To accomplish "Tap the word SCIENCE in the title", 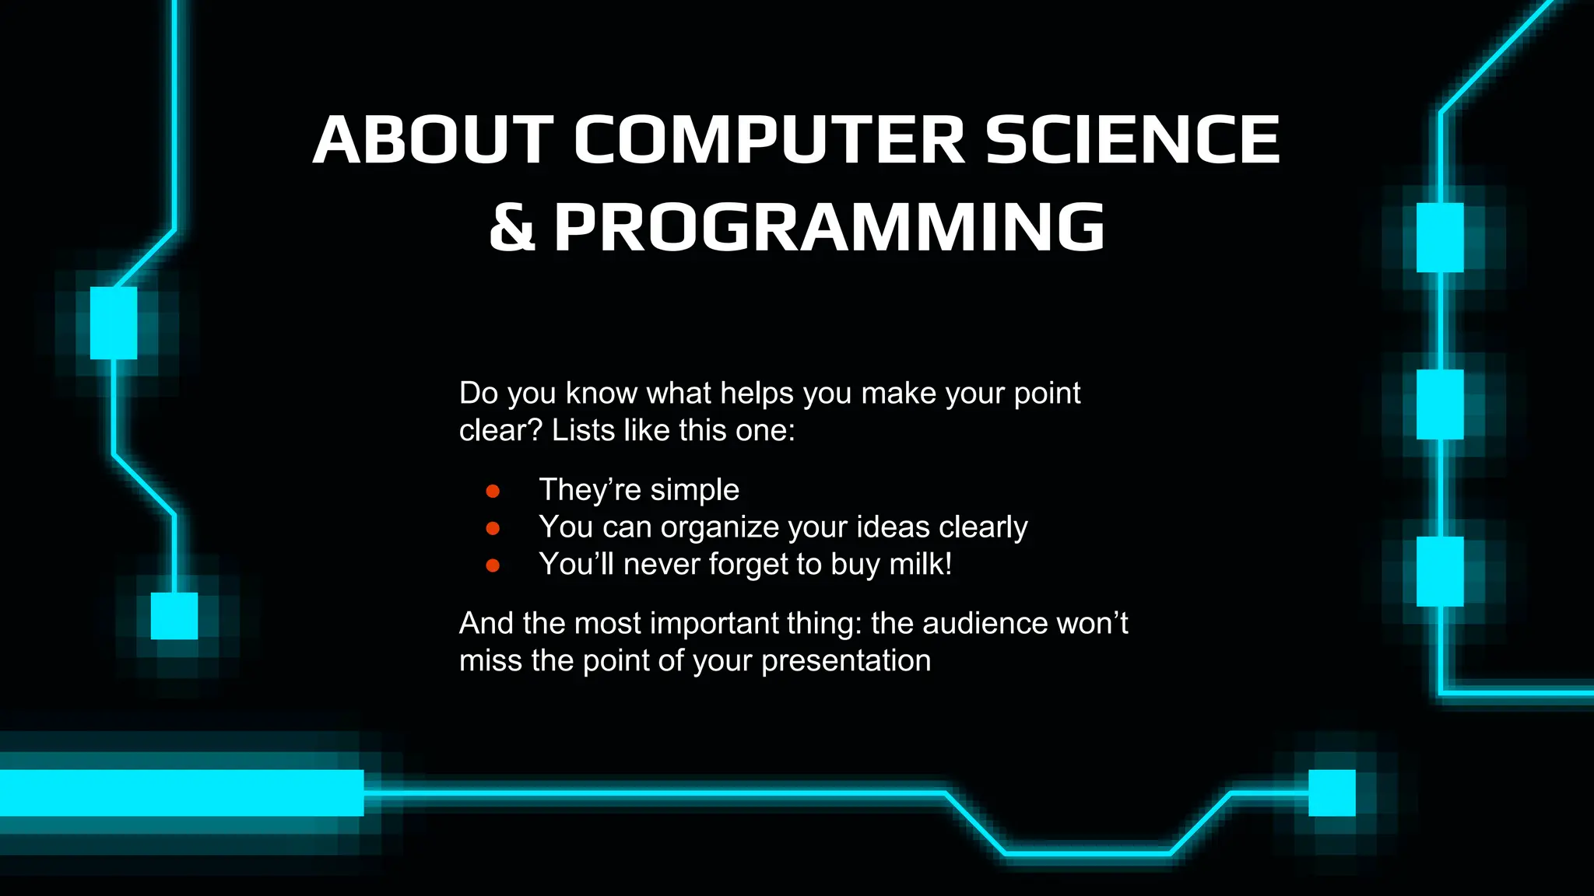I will pyautogui.click(x=1132, y=140).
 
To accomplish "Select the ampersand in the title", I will pyautogui.click(x=512, y=227).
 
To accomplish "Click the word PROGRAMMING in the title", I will pyautogui.click(x=829, y=227).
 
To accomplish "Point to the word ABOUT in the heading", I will pyautogui.click(x=433, y=140).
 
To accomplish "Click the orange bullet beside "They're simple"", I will pyautogui.click(x=493, y=491).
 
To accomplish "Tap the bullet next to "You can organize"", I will pyautogui.click(x=493, y=528).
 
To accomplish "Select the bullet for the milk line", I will pyautogui.click(x=493, y=565).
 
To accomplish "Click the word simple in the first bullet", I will pyautogui.click(x=694, y=491).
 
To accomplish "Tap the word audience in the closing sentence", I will pyautogui.click(x=985, y=623).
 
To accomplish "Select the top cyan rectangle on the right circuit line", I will pyautogui.click(x=1439, y=237).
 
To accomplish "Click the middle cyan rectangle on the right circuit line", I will pyautogui.click(x=1439, y=404).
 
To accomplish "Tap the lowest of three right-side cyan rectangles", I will pyautogui.click(x=1439, y=571).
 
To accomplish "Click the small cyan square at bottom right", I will pyautogui.click(x=1332, y=793).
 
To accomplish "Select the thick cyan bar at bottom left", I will pyautogui.click(x=181, y=793).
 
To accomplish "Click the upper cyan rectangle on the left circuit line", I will pyautogui.click(x=114, y=323).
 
